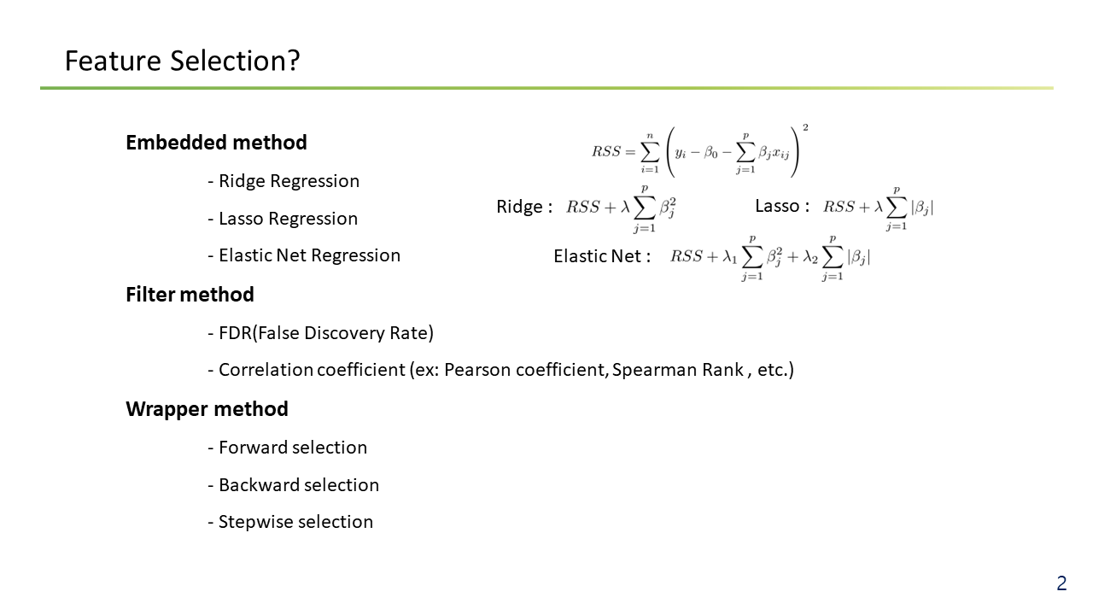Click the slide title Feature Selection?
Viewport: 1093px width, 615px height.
[x=182, y=61]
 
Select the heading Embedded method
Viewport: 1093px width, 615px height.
[x=216, y=143]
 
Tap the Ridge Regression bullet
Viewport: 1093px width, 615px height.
[x=283, y=181]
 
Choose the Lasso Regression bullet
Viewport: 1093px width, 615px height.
[x=283, y=219]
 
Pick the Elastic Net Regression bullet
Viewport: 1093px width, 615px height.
[x=304, y=255]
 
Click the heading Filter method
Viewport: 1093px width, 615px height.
[x=190, y=295]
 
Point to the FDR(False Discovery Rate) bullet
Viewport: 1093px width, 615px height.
[x=320, y=333]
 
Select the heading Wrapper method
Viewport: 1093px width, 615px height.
[x=207, y=409]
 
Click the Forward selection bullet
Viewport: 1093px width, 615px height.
[x=288, y=448]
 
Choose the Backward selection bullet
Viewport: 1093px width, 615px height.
[x=293, y=485]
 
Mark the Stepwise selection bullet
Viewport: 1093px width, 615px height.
[x=290, y=522]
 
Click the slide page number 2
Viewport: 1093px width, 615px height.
[x=1061, y=583]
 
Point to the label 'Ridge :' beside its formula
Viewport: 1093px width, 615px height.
[x=524, y=207]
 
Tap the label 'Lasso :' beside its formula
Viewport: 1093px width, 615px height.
[x=782, y=206]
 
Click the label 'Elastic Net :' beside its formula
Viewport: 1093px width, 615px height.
[x=602, y=256]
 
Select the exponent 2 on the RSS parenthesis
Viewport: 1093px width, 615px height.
[x=805, y=127]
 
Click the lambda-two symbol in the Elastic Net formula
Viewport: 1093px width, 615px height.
[x=810, y=257]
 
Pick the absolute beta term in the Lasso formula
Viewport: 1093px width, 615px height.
[x=922, y=208]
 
